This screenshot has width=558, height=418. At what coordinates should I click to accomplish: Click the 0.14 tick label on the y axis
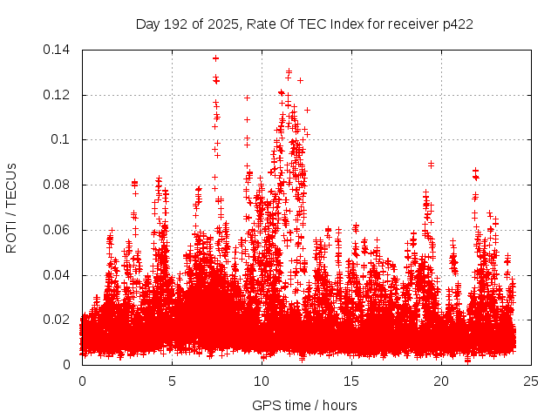[58, 50]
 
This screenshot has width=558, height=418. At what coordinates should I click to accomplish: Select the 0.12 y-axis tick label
[58, 95]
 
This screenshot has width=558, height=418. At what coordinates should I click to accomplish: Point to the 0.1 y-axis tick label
[63, 139]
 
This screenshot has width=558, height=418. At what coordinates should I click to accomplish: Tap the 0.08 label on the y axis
[58, 185]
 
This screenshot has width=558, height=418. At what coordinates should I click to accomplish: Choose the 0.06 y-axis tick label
[58, 230]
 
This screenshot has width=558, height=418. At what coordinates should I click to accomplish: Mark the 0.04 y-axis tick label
[58, 274]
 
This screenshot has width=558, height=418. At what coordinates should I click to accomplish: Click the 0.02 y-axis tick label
[58, 320]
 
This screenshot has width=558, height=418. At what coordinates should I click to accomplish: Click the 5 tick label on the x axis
[172, 381]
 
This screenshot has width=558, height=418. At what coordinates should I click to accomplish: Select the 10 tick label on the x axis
[262, 381]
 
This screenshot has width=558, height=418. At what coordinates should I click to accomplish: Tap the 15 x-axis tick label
[351, 381]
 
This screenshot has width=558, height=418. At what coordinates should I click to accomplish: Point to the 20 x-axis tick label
[441, 381]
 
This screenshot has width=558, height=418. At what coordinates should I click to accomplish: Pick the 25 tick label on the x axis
[531, 381]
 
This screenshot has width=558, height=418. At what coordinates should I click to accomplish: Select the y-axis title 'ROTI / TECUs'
[12, 207]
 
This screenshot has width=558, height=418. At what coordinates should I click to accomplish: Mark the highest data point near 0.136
[215, 58]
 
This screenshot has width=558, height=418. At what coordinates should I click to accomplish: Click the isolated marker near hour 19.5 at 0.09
[431, 164]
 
